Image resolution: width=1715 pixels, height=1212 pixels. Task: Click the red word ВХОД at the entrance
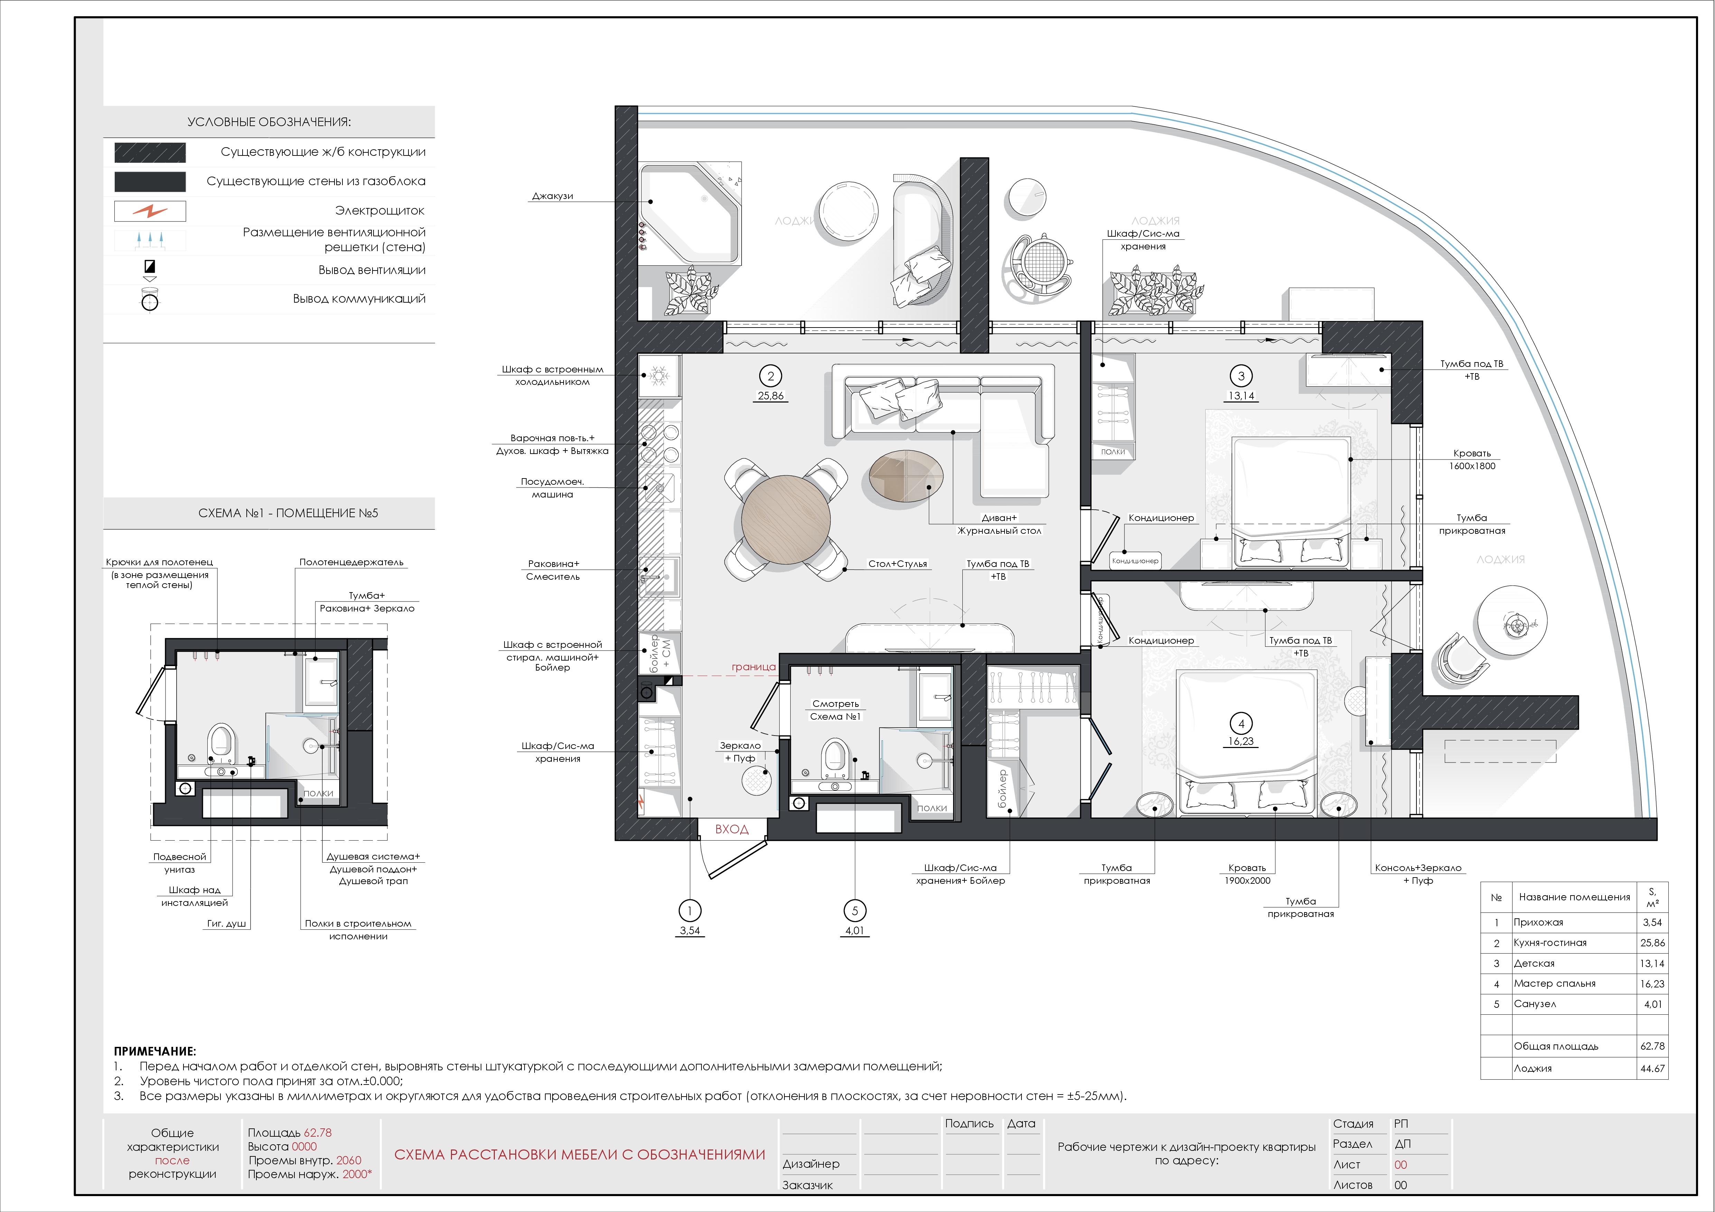tap(731, 829)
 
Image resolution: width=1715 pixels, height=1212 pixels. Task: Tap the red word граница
tap(754, 667)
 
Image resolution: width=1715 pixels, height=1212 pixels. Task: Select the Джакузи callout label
tap(553, 196)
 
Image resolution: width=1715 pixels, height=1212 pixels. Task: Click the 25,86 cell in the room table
tap(1652, 943)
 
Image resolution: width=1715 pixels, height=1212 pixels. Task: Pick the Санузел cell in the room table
tap(1535, 1004)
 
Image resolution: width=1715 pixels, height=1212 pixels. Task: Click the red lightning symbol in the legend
tap(150, 211)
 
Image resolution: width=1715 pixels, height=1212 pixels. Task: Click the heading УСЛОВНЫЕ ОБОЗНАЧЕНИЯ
tap(269, 122)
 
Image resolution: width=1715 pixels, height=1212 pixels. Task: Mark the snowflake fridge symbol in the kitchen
tap(659, 376)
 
